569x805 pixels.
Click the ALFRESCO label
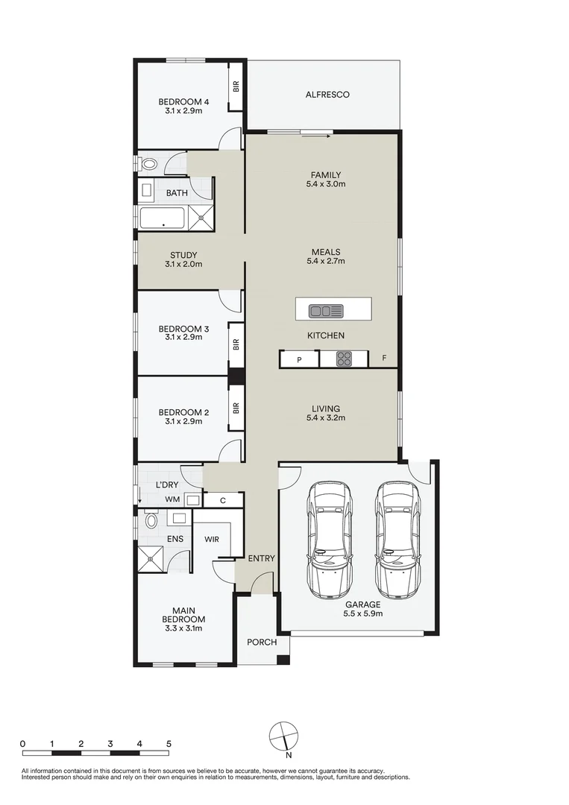coord(327,95)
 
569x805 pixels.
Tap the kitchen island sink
coord(326,310)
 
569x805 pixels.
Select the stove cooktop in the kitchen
coord(344,359)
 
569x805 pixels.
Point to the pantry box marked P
coord(299,359)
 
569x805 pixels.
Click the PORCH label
coord(262,642)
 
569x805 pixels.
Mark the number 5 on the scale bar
coord(169,744)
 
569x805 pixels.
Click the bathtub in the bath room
coord(162,218)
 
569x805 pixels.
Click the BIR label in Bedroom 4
coord(236,86)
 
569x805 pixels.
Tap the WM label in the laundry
coord(172,499)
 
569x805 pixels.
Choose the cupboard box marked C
coord(222,500)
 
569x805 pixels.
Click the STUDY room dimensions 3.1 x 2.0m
coord(183,264)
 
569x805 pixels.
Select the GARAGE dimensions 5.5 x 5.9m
coord(362,614)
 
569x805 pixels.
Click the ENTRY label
coord(261,558)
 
